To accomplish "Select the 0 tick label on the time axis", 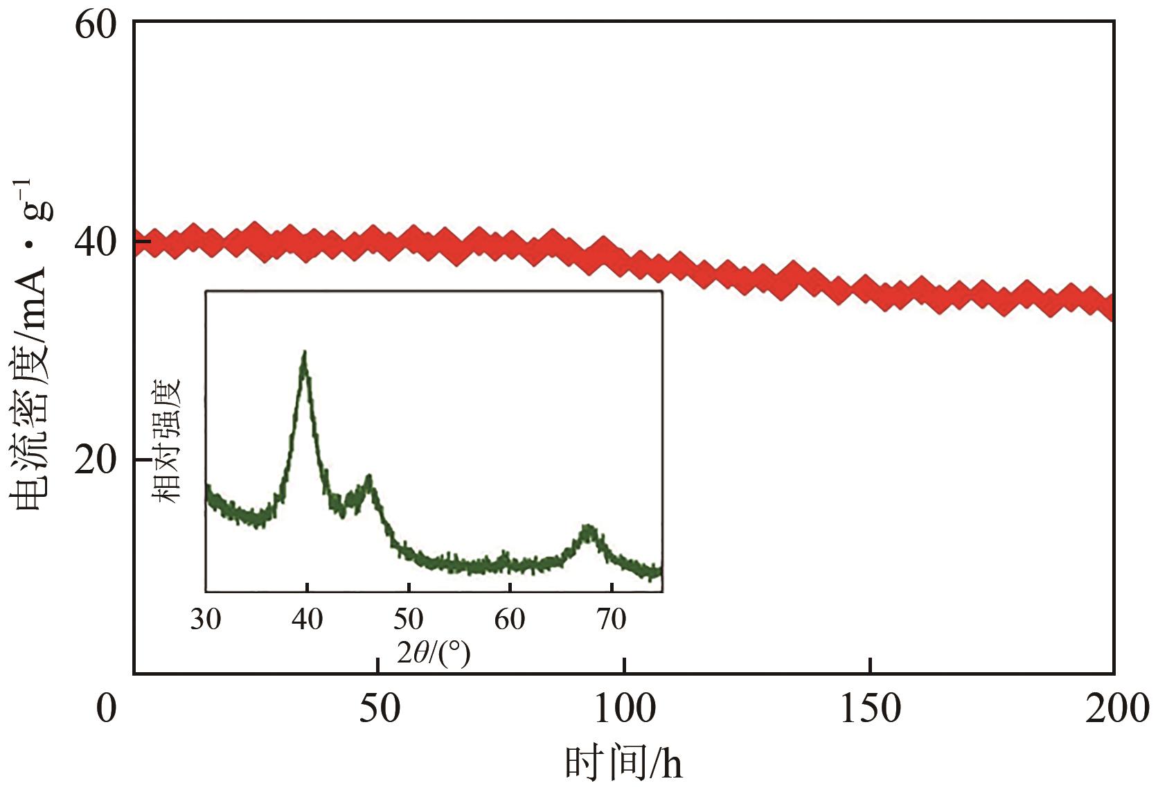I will [106, 709].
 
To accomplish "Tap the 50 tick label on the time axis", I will [380, 709].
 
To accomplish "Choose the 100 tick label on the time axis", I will [625, 709].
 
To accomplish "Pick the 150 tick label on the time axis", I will [871, 709].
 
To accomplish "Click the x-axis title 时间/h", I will [624, 764].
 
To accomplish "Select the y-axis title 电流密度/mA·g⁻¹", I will [31, 346].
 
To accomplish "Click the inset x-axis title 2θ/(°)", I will [434, 652].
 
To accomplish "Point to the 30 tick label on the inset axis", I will [206, 619].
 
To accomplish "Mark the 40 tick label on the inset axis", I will [308, 619].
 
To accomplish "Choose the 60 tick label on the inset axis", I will [510, 619].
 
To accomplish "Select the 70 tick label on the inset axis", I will [612, 619].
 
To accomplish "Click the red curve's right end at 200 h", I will [1111, 307].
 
